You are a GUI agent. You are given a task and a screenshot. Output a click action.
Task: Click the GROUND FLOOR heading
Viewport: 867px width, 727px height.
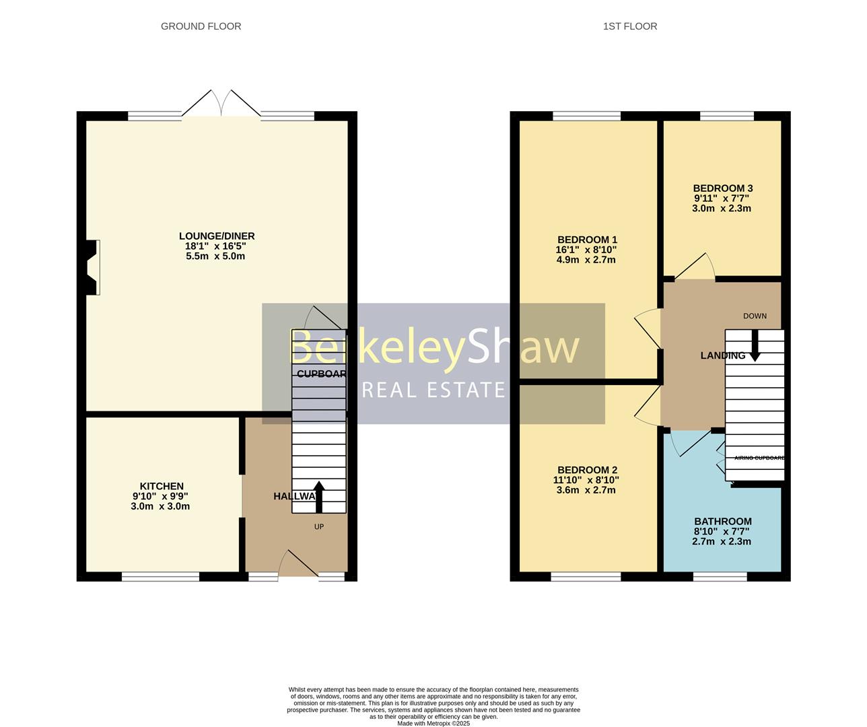[201, 26]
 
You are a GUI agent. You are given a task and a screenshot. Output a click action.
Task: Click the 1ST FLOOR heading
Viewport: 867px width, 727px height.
[630, 26]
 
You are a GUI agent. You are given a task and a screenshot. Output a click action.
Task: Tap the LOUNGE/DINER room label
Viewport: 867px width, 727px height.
[217, 236]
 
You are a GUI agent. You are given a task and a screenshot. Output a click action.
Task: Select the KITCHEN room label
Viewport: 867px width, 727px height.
[162, 486]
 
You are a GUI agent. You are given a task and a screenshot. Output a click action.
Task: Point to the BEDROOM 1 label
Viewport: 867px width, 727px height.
[587, 240]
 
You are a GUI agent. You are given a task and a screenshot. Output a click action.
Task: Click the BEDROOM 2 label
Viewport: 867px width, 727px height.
[587, 470]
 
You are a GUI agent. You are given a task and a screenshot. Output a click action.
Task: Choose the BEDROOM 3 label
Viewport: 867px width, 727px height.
[723, 188]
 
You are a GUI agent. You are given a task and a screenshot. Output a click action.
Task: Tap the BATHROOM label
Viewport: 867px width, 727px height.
[723, 521]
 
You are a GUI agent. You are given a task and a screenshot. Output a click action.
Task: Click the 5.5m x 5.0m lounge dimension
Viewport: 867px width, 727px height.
[215, 256]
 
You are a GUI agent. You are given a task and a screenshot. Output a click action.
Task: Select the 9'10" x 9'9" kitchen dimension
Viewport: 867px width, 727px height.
[162, 496]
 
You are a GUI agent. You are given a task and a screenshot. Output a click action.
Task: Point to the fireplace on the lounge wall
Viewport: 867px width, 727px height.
[93, 267]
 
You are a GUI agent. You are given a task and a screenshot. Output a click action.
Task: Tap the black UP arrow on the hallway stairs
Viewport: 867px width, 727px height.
[319, 497]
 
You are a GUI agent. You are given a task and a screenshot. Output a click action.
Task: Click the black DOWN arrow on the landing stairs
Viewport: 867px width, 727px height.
[755, 345]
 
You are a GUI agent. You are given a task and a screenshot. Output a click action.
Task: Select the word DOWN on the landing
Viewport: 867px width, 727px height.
[755, 316]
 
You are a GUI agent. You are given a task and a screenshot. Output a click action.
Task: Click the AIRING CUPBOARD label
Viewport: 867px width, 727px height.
[759, 458]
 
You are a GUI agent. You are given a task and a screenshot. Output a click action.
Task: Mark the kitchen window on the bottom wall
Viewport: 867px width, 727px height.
[161, 576]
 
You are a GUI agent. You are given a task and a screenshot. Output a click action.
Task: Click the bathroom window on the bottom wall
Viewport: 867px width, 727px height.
[720, 576]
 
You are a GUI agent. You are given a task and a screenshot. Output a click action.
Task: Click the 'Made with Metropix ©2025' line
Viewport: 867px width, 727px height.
[433, 724]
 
